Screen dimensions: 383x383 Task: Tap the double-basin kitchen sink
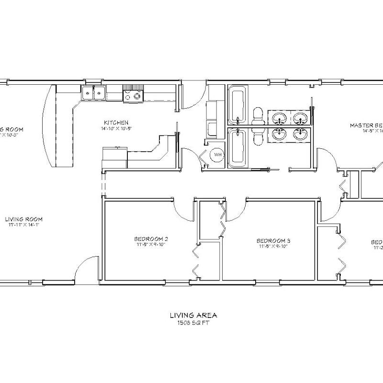[x=94, y=93]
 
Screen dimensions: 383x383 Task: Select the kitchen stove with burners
[x=133, y=95]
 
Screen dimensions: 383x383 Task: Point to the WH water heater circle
[x=216, y=155]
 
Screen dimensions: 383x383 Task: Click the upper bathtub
[x=237, y=104]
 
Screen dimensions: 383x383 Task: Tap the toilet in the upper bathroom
[x=258, y=115]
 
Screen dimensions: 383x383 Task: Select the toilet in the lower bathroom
[x=258, y=136]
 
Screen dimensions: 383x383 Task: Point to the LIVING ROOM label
[x=21, y=219]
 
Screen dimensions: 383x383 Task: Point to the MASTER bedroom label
[x=366, y=124]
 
